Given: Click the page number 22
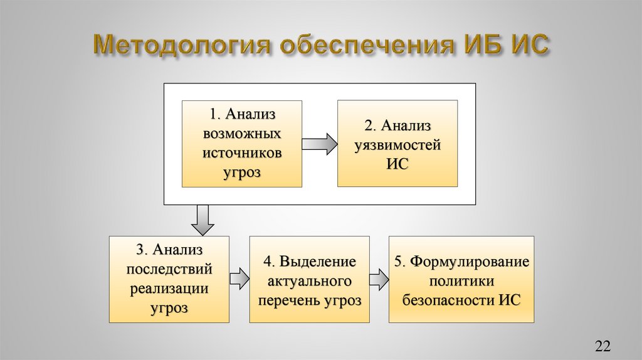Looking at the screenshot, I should coord(602,346).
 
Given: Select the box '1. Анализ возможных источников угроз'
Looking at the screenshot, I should coord(241,144).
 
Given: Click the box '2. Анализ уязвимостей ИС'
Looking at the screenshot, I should coord(397,144).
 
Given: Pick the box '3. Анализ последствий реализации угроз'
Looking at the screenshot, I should coord(169,279).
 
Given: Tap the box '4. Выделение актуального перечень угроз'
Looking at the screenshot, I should coord(309,279).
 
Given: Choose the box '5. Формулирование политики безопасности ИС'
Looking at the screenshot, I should coord(461,279).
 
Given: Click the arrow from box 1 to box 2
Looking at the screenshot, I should coord(319,144).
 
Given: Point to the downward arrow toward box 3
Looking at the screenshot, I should coord(203,219).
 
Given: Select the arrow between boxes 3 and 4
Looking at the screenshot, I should coord(239,279).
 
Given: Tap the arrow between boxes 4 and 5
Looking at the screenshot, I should coord(379,279).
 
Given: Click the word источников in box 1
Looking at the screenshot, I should coord(241,152).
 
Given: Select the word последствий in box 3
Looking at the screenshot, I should coord(169,269).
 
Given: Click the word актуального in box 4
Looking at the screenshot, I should coord(309,280).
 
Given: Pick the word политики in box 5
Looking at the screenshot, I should coord(461,280).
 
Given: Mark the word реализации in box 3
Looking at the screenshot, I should coord(169,289).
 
